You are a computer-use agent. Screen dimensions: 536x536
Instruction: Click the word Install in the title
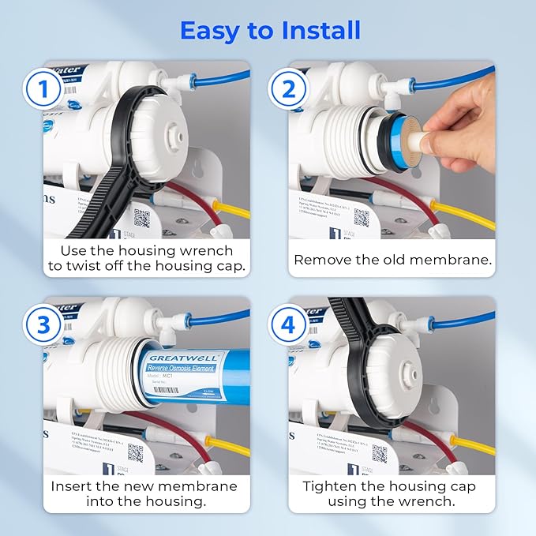click(x=309, y=30)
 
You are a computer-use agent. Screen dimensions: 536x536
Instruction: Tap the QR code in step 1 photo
click(x=141, y=218)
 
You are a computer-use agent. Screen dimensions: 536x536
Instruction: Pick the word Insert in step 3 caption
click(x=74, y=486)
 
